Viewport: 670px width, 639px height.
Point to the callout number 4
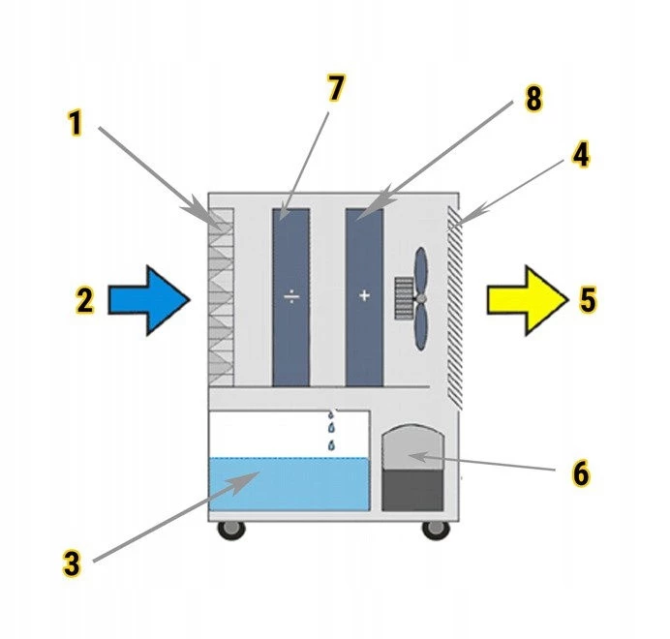pos(580,155)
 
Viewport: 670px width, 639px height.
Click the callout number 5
pos(588,299)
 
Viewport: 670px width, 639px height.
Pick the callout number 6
pos(579,474)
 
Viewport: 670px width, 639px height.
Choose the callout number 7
pos(335,89)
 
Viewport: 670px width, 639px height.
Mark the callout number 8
pos(534,99)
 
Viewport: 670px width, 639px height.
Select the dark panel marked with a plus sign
pos(364,295)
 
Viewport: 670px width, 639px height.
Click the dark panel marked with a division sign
pos(290,295)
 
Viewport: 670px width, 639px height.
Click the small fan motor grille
pos(404,297)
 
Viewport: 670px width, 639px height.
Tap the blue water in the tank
pos(289,484)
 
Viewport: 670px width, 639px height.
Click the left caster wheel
pos(231,530)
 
